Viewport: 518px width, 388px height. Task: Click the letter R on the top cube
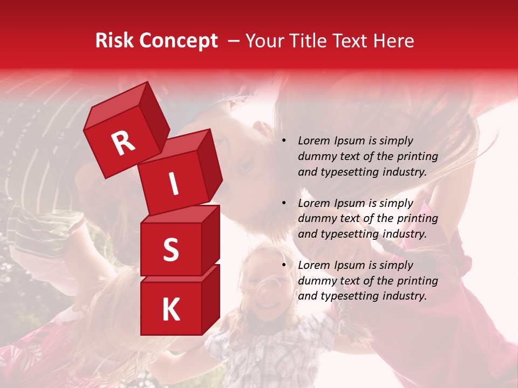click(x=123, y=143)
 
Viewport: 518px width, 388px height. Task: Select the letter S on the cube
click(x=171, y=250)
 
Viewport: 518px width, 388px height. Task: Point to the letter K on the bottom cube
click(x=171, y=310)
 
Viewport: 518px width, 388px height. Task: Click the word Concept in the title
click(x=178, y=41)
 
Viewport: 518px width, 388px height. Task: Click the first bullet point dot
click(x=284, y=141)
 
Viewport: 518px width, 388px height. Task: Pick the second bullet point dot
click(x=284, y=204)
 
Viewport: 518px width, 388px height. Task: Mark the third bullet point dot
click(x=284, y=266)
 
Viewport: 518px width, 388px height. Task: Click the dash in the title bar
click(x=234, y=41)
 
